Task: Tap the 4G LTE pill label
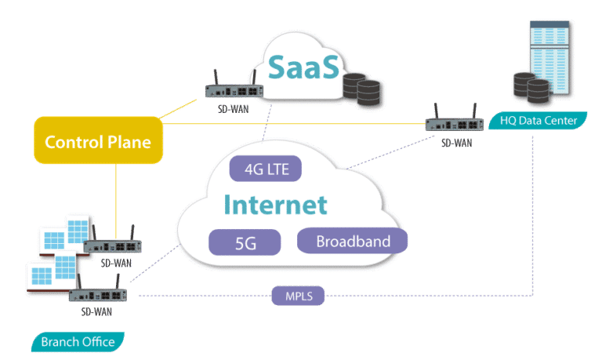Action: (265, 169)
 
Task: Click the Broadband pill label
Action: (353, 241)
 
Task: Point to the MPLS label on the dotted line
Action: (298, 296)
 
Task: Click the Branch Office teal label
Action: (78, 342)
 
